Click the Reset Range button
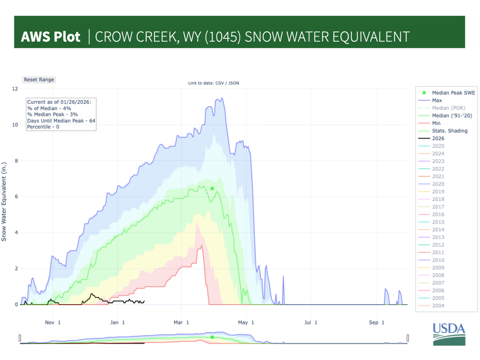tap(39, 80)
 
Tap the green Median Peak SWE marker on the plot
tap(212, 189)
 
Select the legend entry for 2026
tap(438, 139)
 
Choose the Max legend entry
tap(436, 100)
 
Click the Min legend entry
tap(436, 123)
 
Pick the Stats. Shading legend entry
tap(450, 131)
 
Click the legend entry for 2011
tap(438, 253)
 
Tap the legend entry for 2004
tap(438, 306)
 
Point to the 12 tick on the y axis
tap(15, 89)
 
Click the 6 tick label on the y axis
tap(16, 197)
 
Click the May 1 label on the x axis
tap(246, 322)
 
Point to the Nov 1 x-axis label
tap(53, 322)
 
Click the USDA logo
tap(449, 334)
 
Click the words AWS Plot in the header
tap(51, 37)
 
